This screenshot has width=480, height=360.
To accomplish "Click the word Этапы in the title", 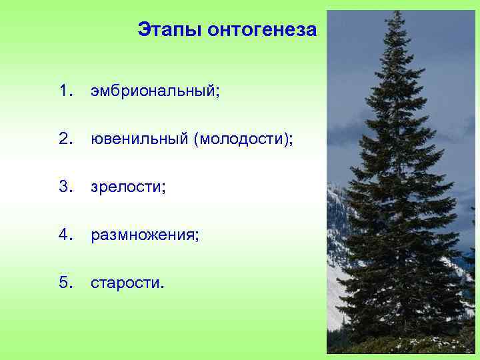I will pos(170,30).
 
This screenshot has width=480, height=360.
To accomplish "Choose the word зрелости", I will pos(125,187).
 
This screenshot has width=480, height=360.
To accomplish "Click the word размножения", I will pos(142,235).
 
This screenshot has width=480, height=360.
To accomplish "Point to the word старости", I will pos(123,283).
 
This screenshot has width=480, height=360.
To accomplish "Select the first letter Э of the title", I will pos(144,30).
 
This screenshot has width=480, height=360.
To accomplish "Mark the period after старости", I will pos(160,287).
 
